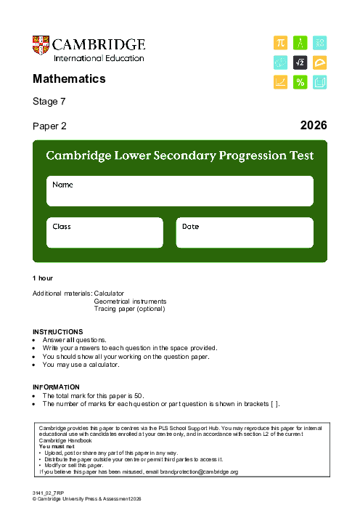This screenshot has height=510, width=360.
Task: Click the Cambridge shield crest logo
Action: (x=41, y=47)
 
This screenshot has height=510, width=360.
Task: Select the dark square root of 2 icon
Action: (x=300, y=63)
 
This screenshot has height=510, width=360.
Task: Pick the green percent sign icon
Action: (x=300, y=83)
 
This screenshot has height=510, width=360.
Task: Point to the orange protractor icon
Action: (x=319, y=63)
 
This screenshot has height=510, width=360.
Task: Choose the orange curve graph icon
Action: (x=280, y=83)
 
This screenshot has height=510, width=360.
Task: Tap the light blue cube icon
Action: (x=319, y=83)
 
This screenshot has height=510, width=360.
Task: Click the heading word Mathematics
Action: (x=69, y=78)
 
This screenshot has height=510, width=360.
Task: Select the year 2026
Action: (x=314, y=126)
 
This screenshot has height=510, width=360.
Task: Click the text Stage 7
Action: (x=49, y=102)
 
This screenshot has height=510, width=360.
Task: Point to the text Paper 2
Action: (x=49, y=126)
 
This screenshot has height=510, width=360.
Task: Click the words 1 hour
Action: (x=43, y=278)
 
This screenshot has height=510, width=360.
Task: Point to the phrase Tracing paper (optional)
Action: (x=130, y=308)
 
